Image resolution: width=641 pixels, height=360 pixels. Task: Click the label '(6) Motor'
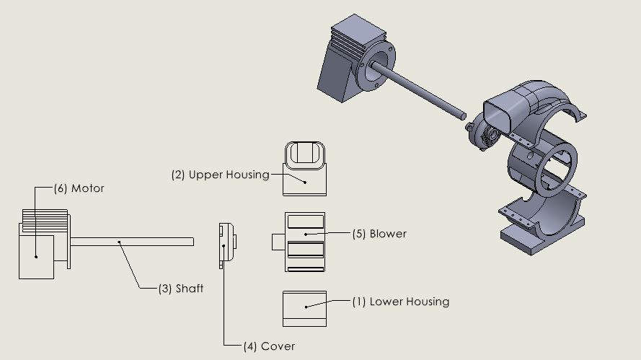point(79,188)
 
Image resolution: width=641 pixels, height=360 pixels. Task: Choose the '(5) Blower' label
point(379,234)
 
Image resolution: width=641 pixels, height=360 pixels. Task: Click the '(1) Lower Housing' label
point(400,302)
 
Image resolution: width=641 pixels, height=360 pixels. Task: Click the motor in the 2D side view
point(36,253)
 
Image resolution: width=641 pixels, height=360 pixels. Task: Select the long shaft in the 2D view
point(130,242)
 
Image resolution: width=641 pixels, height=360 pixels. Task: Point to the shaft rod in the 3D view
point(418,90)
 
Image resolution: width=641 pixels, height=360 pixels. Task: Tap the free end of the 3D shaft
point(462,114)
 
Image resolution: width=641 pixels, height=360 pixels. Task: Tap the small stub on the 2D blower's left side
point(278,242)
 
